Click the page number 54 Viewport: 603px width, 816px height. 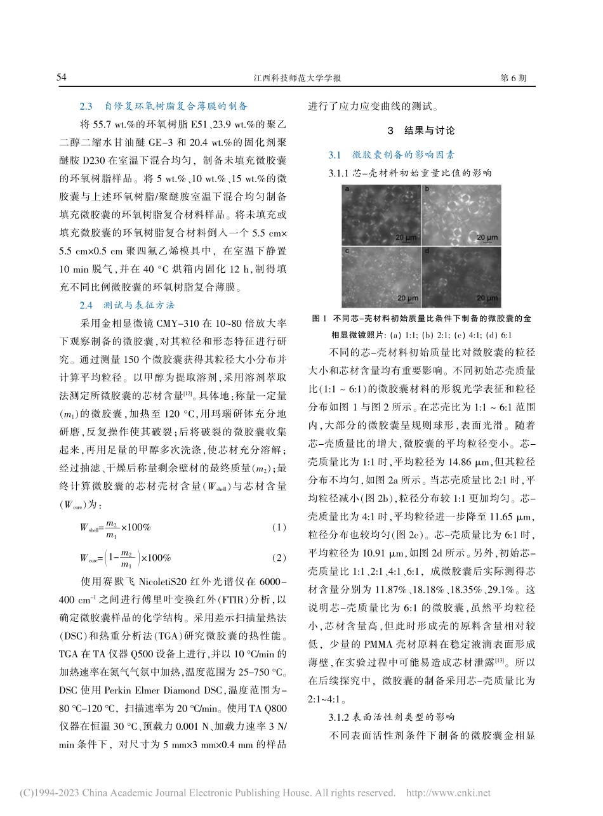point(62,77)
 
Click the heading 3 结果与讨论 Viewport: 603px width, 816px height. point(421,131)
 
